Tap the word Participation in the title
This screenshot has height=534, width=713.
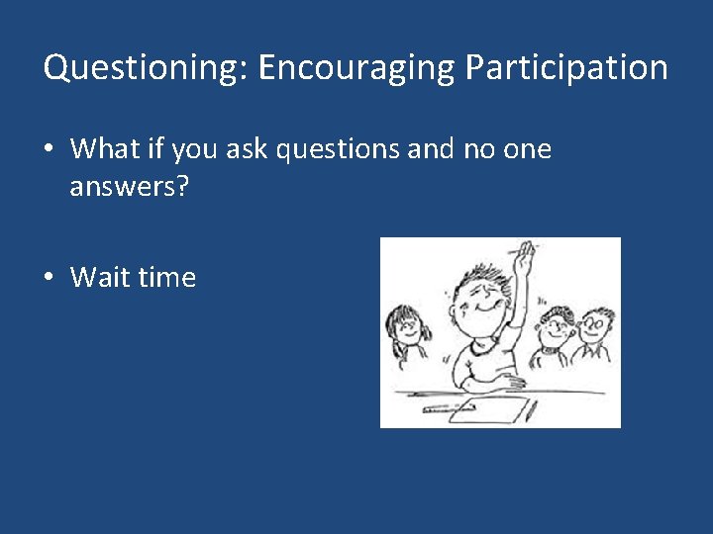click(566, 68)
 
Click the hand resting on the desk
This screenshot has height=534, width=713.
click(509, 381)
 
